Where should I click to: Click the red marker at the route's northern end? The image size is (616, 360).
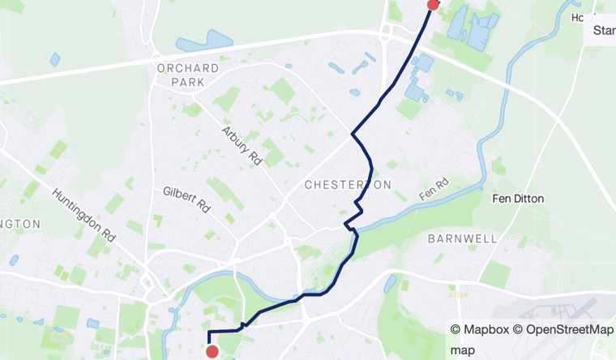pos(433,3)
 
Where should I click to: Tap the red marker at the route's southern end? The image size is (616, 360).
pos(212,351)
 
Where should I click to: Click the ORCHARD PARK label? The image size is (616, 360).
pos(188,75)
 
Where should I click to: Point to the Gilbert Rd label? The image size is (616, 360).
pos(186,199)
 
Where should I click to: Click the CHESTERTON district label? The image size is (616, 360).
pos(348,185)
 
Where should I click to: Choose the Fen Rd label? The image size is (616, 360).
pos(434,191)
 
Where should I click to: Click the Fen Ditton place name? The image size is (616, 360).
pos(519,199)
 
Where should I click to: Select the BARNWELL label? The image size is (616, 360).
pos(462,238)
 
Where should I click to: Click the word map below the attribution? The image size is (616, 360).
pos(462,349)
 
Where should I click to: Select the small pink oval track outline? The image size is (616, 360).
pos(58,334)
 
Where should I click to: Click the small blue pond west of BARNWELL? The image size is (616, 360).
pos(391,283)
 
